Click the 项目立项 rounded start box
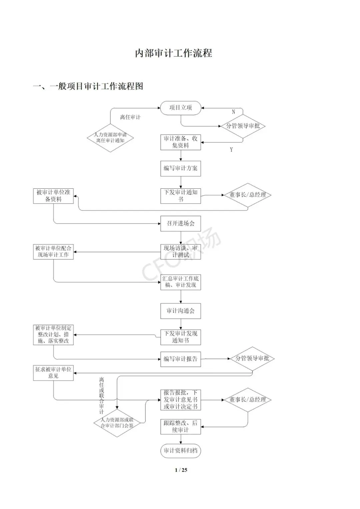180,108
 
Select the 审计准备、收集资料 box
180,142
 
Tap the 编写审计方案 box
180,168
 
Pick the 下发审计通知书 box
180,195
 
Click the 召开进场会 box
180,223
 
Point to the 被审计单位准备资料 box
53,196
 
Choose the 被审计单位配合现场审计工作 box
53,251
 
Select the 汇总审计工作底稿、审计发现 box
180,282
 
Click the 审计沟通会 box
180,311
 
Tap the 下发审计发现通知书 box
180,337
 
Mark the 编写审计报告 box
180,359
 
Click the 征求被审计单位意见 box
53,373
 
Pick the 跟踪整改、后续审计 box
180,426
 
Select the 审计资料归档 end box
180,451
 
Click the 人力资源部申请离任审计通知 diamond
110,138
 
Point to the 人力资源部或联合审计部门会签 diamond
117,423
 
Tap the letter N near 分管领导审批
233,112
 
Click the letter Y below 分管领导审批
231,150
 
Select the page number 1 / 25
181,470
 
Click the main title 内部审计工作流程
173,53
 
